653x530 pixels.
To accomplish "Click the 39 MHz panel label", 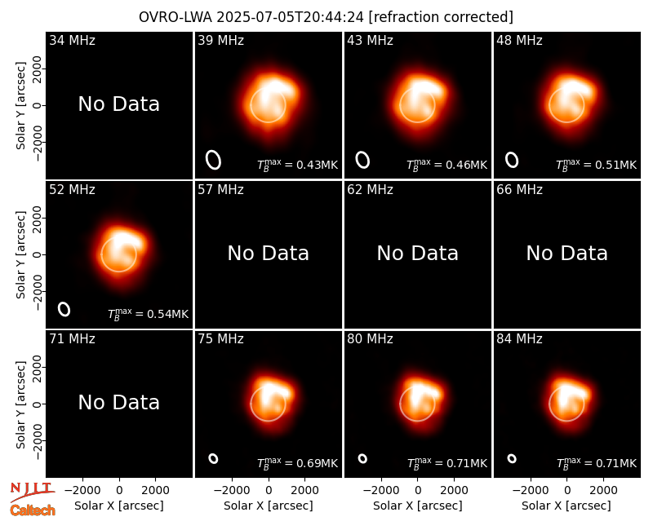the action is click(x=220, y=40).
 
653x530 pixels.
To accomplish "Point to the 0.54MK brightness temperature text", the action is click(x=149, y=313).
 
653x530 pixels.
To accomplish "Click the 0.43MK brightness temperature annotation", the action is click(x=297, y=165).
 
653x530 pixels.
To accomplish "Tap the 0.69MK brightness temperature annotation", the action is click(x=297, y=462).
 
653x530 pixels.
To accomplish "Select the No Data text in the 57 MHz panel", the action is click(x=269, y=253).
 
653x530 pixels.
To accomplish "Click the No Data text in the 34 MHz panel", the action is click(x=118, y=104).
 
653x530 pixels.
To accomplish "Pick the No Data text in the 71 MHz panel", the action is click(x=118, y=402).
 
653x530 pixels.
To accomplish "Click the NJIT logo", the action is click(x=32, y=492).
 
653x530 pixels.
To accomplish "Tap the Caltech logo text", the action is click(x=33, y=510).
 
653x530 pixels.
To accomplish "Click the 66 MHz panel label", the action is click(x=519, y=190).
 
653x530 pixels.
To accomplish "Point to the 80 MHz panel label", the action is click(x=371, y=339).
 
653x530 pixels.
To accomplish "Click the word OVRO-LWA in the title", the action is click(x=175, y=17).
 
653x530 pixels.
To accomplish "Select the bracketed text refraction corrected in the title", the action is click(x=441, y=17).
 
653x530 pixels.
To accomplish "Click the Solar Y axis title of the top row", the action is click(x=20, y=106).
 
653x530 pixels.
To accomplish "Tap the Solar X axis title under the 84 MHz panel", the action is click(x=566, y=506).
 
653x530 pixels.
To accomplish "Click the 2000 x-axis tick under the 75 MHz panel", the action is click(x=304, y=491).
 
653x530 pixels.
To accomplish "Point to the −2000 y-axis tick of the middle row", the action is click(x=38, y=292).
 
